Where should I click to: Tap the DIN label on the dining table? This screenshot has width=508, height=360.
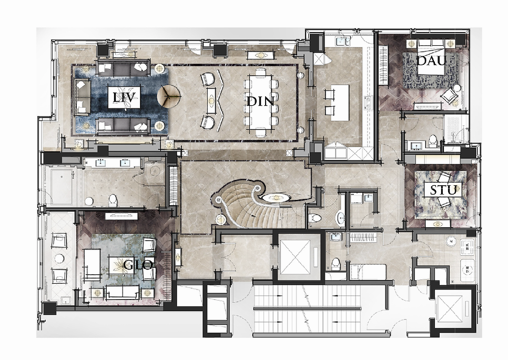pos(261,101)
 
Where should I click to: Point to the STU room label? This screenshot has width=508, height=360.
pos(443,190)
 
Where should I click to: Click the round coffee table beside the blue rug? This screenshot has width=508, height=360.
pos(168,96)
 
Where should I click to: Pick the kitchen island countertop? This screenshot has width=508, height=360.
pos(340,103)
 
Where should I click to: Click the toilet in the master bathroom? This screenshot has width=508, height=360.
pos(113,200)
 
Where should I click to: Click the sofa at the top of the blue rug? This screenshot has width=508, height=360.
pos(124,67)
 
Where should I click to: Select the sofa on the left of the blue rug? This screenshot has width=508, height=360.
pos(83,97)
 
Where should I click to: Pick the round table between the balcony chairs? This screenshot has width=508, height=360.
pos(59,258)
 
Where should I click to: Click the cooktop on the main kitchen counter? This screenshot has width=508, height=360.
pos(369,103)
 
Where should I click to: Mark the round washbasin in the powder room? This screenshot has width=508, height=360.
pos(340,217)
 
